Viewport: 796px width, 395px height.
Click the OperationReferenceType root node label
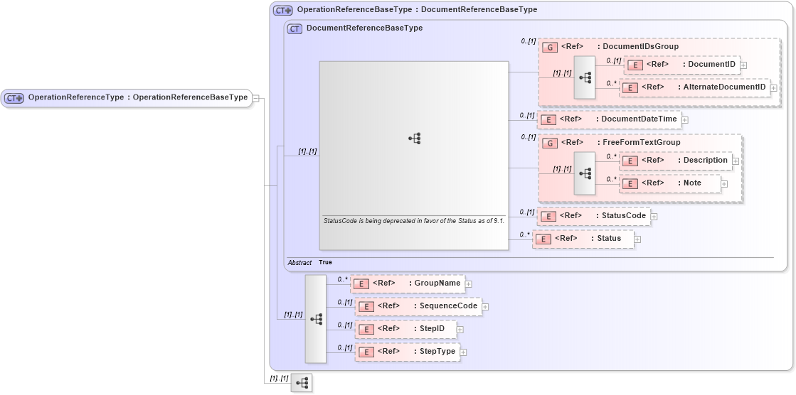[x=128, y=97]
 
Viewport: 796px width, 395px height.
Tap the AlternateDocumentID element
[x=694, y=87]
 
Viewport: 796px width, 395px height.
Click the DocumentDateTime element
[x=609, y=119]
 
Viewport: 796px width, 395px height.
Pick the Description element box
[x=675, y=161]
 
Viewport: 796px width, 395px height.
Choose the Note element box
[x=670, y=183]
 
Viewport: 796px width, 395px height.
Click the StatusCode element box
[x=593, y=215]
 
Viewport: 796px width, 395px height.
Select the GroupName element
[x=408, y=283]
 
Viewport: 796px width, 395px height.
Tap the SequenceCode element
[x=418, y=306]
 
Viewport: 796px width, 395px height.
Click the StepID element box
[x=405, y=329]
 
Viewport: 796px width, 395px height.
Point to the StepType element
[x=407, y=351]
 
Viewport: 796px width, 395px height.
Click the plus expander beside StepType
[x=463, y=352]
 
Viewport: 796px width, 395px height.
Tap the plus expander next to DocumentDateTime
[x=685, y=119]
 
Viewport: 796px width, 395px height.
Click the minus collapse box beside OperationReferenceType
[x=256, y=98]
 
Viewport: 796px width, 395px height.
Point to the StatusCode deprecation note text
[x=413, y=221]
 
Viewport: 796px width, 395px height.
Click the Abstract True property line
[x=310, y=263]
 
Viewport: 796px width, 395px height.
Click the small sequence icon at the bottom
[x=302, y=383]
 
